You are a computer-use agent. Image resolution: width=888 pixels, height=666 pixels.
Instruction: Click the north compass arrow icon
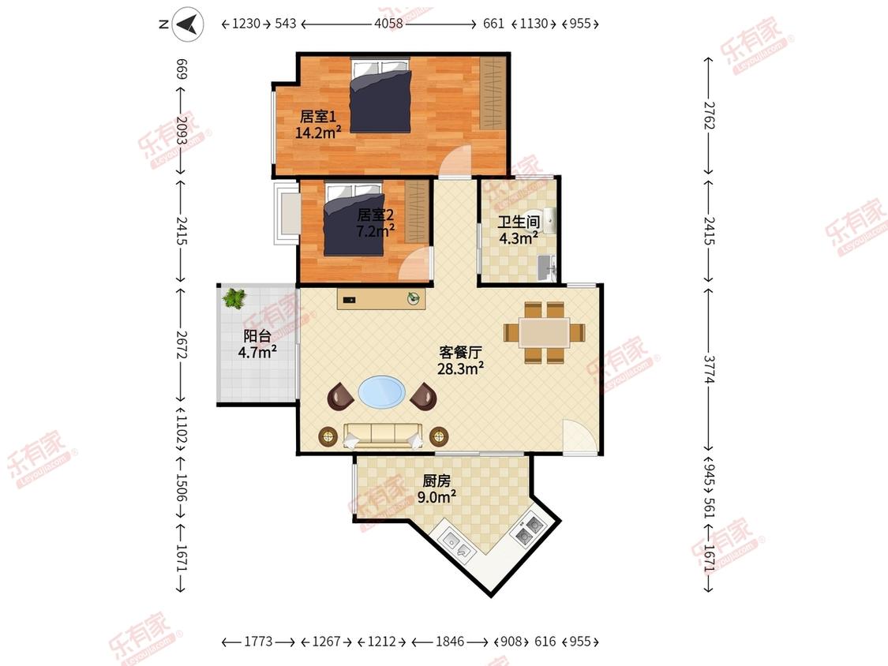188,24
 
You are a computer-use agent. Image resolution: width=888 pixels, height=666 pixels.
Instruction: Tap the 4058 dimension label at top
388,24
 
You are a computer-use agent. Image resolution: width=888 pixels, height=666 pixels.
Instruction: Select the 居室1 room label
318,117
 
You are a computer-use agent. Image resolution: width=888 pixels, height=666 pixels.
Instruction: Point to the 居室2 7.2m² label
375,223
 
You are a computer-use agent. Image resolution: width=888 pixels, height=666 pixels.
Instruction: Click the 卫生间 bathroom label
518,222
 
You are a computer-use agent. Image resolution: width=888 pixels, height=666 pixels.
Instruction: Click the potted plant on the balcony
234,298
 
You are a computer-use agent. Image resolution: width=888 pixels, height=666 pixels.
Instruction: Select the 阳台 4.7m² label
257,344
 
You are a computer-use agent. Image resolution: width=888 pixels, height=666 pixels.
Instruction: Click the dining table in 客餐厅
544,332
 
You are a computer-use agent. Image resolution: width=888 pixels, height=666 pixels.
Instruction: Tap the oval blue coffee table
382,392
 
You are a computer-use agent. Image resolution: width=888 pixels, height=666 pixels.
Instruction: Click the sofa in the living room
383,436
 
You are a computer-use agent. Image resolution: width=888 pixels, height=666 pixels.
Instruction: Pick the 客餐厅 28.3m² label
460,361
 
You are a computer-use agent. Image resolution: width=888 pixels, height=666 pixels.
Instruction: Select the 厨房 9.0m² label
437,488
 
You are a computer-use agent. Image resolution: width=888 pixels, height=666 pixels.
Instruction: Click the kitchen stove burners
528,529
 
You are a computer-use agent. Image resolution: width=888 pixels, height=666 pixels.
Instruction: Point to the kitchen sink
458,544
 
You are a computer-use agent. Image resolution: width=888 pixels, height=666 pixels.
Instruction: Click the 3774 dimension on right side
709,369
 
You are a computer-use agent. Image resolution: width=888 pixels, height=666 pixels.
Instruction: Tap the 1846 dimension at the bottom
450,642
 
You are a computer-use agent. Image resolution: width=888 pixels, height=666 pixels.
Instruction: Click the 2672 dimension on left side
182,344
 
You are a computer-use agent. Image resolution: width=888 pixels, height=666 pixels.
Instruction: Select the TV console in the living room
381,298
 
